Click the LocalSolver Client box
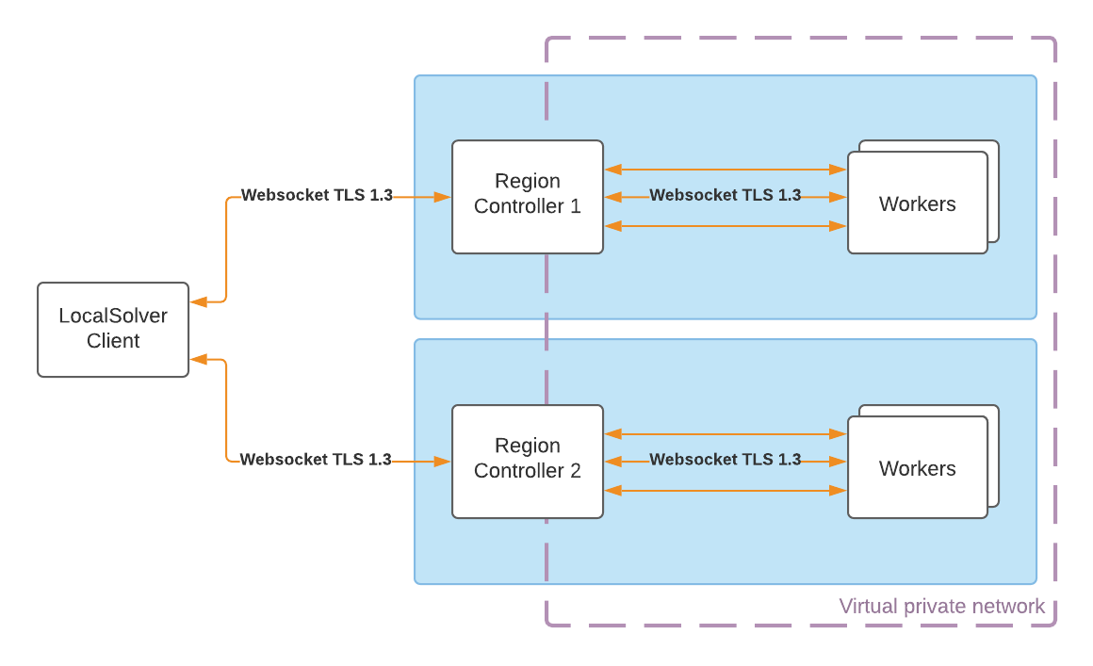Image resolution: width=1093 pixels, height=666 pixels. (113, 330)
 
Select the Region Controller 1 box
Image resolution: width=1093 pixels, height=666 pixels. (528, 197)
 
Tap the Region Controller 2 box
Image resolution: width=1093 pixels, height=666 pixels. (528, 462)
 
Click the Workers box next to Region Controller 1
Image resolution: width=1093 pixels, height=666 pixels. (918, 203)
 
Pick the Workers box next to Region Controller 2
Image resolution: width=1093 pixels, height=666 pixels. (918, 467)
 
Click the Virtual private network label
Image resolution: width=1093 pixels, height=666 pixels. (941, 606)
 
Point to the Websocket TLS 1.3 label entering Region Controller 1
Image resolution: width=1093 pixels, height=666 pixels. (317, 196)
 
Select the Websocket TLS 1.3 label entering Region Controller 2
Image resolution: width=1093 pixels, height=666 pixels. (316, 460)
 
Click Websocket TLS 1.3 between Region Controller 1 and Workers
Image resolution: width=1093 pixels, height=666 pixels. (726, 196)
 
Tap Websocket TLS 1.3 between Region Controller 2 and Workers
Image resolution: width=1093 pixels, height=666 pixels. (726, 460)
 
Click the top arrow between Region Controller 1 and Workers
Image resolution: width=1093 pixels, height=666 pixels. (726, 170)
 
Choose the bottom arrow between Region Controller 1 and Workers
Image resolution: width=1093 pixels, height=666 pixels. (726, 226)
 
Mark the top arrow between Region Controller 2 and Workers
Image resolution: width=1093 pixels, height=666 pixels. (726, 434)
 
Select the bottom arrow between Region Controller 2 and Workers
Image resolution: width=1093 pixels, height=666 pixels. (726, 491)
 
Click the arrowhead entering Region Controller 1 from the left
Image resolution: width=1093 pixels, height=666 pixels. (443, 197)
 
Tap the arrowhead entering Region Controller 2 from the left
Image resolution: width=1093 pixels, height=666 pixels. (443, 462)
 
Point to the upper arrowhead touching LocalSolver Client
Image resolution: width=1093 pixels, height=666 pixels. (198, 301)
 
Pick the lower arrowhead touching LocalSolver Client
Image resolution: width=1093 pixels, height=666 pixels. (198, 359)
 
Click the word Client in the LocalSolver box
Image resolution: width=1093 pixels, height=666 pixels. (113, 341)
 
